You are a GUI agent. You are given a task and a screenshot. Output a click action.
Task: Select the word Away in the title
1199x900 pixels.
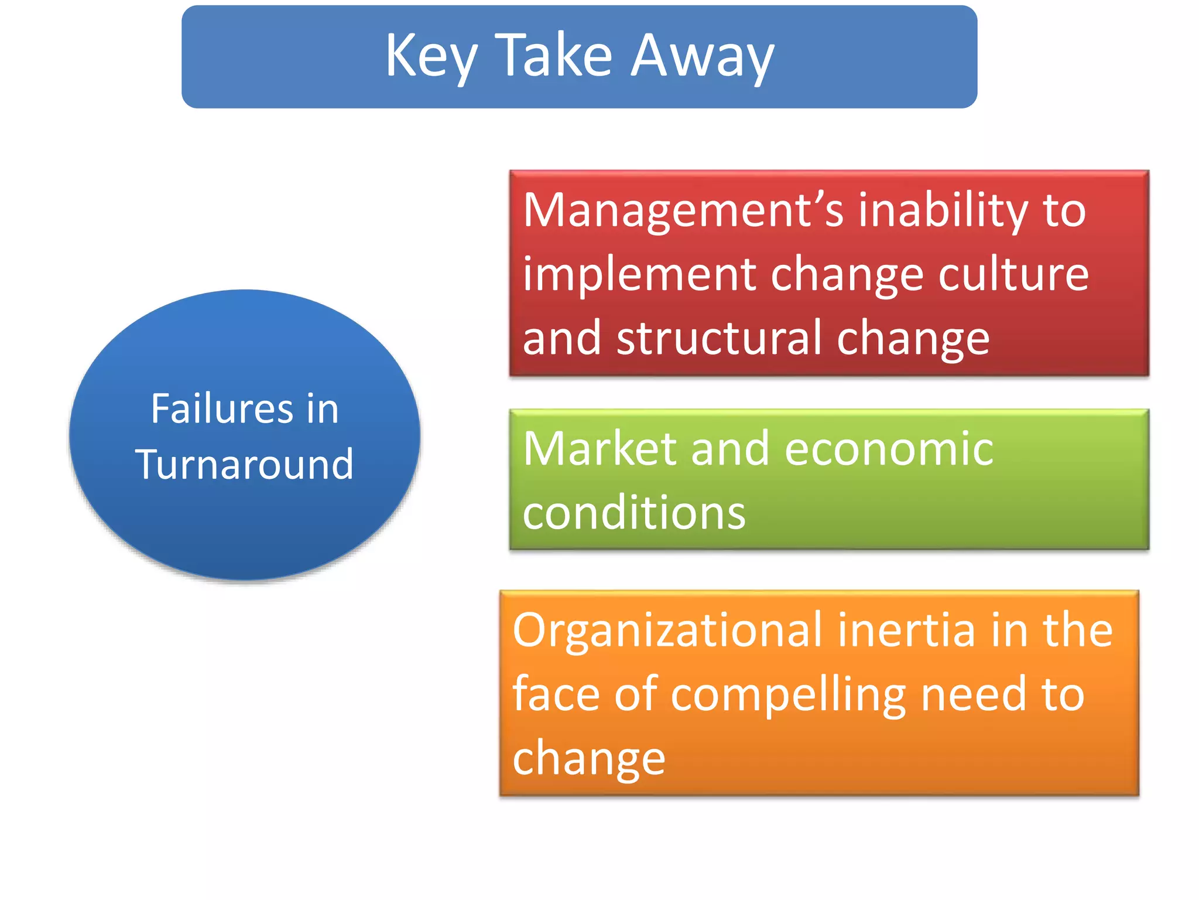pyautogui.click(x=703, y=57)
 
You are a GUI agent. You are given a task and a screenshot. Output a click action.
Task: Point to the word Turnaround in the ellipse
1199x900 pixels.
pyautogui.click(x=244, y=464)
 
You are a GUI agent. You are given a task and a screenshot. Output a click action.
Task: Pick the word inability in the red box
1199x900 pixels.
pyautogui.click(x=943, y=211)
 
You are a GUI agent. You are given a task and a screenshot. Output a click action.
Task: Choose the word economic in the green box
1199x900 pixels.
pyautogui.click(x=888, y=449)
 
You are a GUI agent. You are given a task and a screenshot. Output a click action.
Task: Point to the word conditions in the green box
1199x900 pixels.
pyautogui.click(x=633, y=513)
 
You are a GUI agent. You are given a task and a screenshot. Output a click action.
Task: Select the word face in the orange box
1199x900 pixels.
pyautogui.click(x=556, y=694)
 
